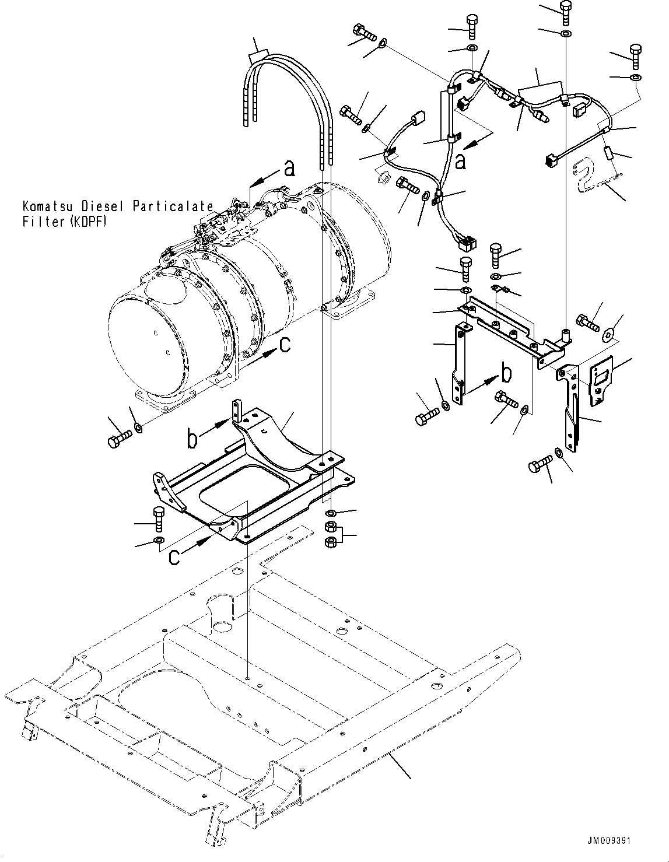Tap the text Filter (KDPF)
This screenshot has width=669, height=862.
click(65, 222)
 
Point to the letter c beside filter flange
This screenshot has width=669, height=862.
click(285, 345)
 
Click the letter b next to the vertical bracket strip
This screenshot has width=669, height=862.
click(507, 372)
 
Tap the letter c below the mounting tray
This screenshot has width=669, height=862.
click(174, 558)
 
